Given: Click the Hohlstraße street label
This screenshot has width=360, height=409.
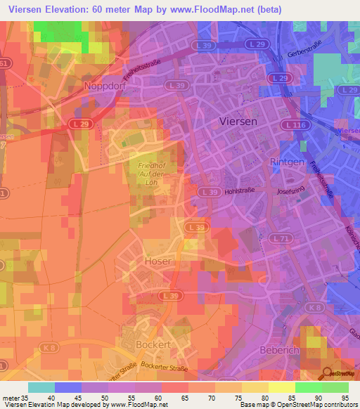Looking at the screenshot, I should click(240, 190).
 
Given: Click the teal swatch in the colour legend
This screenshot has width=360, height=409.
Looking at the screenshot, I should click(41, 387).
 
